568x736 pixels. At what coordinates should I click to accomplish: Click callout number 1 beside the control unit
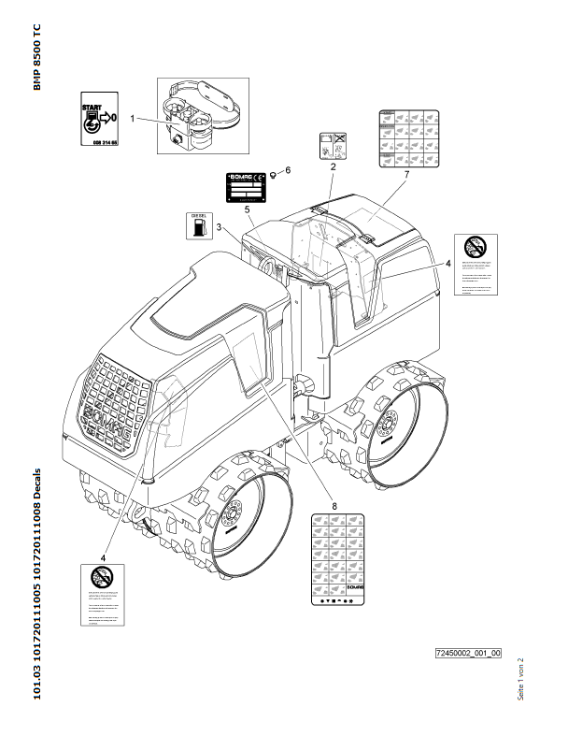[134, 119]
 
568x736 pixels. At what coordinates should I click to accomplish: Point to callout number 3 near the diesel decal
[219, 227]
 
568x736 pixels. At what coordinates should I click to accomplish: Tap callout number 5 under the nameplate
[248, 209]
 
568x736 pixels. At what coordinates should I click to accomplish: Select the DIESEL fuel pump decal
[196, 224]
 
